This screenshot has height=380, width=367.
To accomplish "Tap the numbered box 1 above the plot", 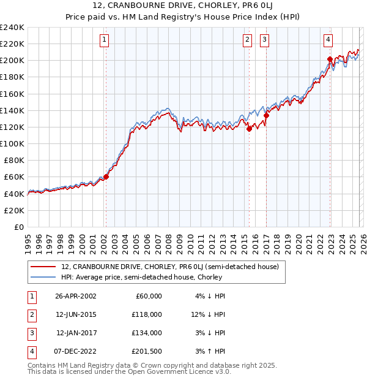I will click(105, 40).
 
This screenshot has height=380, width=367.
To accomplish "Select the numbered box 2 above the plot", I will click(248, 40).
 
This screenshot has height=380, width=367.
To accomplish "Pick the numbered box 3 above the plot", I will click(265, 40).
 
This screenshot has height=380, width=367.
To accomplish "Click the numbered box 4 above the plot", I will click(328, 40).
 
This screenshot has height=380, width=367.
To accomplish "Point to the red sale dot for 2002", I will click(106, 177).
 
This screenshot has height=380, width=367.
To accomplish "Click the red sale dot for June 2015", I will click(249, 129).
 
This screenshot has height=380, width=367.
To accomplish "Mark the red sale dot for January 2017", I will click(266, 115).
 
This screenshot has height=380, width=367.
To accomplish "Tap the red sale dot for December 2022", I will click(330, 59).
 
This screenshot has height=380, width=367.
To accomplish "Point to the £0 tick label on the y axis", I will click(18, 227).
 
